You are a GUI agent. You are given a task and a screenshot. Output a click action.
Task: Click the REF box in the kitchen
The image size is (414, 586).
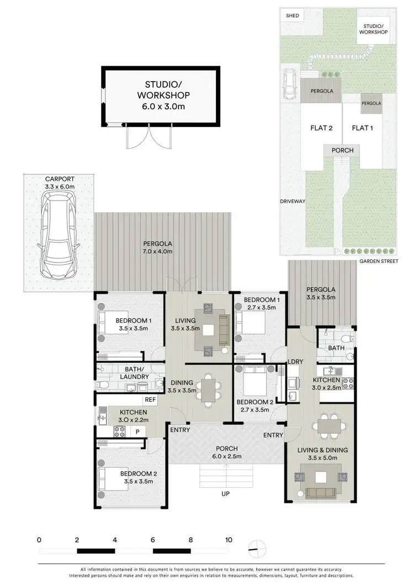pos(150,399)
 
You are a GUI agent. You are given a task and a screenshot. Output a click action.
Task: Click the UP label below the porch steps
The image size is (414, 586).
pos(225,493)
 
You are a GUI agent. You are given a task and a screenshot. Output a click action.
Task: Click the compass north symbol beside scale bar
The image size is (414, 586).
pos(257,548)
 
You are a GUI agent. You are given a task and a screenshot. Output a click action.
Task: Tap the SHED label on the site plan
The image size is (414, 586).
pos(292,15)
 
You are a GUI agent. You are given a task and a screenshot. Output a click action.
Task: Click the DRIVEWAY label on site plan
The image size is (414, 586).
pos(293,201)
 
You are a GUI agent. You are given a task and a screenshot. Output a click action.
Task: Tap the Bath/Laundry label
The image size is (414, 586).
pos(135,373)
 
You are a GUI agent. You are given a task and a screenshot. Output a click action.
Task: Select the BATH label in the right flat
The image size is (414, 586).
pos(336,348)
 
